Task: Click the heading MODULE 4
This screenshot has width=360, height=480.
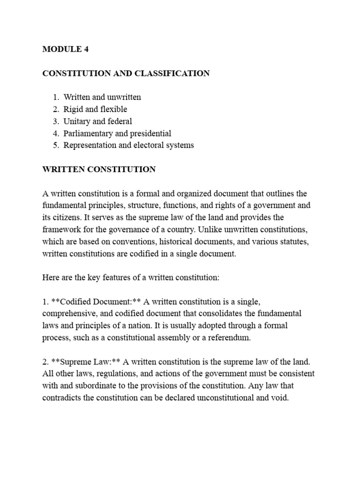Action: point(65,50)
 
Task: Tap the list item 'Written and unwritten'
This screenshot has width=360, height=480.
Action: point(102,97)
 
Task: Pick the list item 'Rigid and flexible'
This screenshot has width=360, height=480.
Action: point(95,109)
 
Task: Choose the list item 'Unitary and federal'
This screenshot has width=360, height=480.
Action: point(98,121)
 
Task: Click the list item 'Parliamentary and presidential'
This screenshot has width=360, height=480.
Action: point(117,134)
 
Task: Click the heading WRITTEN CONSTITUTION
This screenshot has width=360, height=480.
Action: point(99,169)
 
